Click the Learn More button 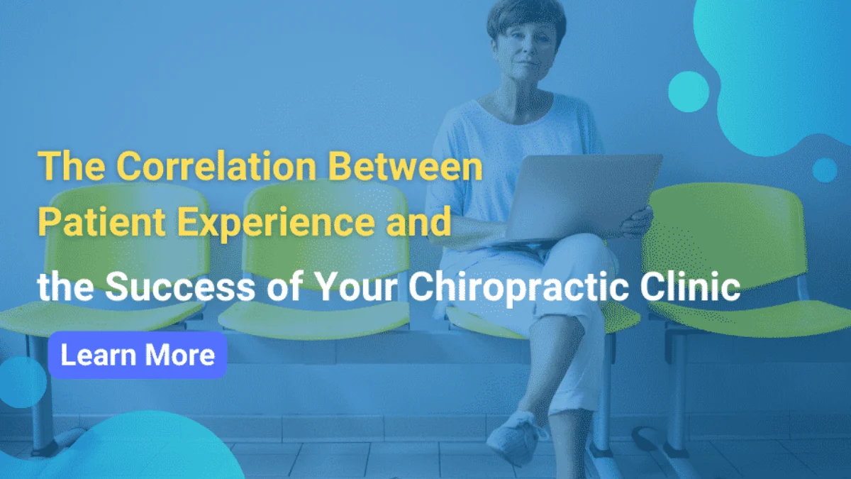pyautogui.click(x=138, y=355)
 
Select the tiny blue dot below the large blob pyautogui.click(x=824, y=170)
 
